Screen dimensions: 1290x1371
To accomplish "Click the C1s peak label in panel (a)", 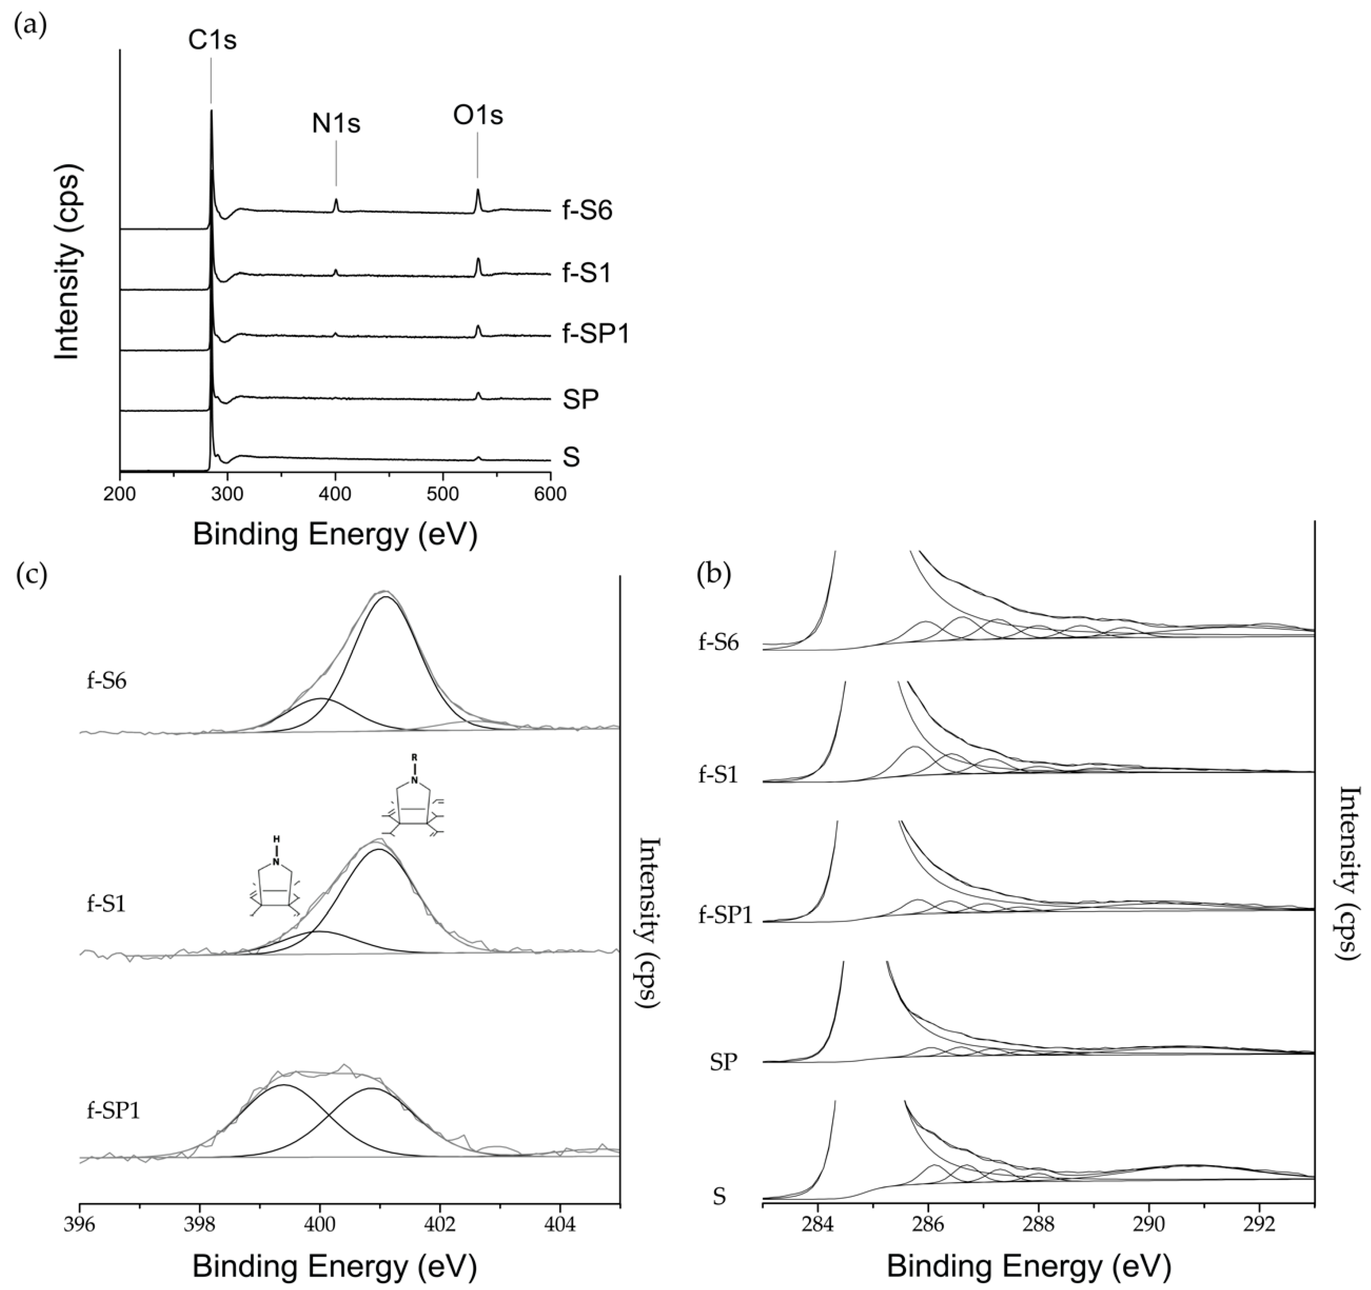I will coord(212,41).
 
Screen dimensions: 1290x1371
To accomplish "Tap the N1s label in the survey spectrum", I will coord(336,124).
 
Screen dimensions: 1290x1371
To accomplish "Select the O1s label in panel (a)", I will coord(478,115).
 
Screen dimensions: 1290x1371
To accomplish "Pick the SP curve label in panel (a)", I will coord(581,399).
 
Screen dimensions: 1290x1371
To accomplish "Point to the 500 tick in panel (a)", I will coord(443,494).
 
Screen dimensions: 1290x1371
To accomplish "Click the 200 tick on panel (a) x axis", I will coord(120,494).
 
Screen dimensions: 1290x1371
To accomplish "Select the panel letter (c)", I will coord(31,574).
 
